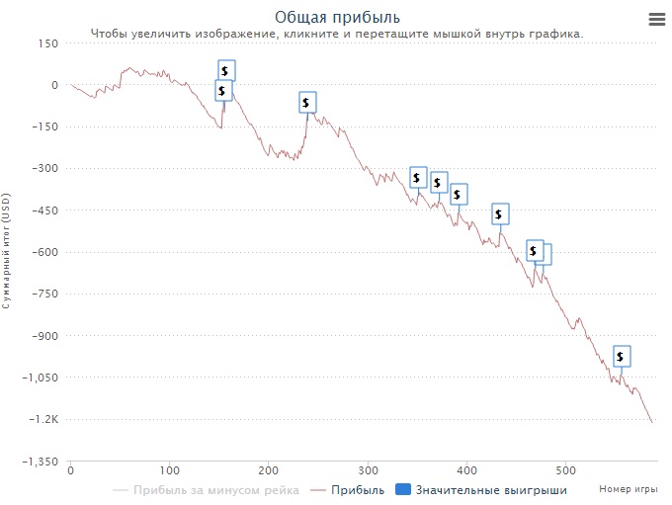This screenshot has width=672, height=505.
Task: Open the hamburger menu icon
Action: click(x=656, y=19)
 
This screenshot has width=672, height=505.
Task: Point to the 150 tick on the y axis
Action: click(x=47, y=43)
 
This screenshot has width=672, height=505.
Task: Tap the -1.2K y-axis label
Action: click(x=44, y=420)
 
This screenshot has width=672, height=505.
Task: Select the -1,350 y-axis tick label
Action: click(x=41, y=462)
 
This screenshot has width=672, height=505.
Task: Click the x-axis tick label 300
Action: click(x=368, y=470)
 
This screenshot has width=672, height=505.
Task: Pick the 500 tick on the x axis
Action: click(x=565, y=470)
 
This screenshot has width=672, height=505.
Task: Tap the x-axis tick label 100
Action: click(x=170, y=470)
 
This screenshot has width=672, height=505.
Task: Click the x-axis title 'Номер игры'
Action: click(x=628, y=489)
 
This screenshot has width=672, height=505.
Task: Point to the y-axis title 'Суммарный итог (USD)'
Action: click(x=7, y=252)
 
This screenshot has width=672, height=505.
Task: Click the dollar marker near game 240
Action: click(x=307, y=102)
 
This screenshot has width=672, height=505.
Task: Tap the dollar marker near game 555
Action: click(x=621, y=357)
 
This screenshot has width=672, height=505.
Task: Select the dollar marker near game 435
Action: click(x=500, y=213)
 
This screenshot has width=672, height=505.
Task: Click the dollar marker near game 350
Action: click(x=418, y=178)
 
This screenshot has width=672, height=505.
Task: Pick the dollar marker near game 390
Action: click(x=459, y=194)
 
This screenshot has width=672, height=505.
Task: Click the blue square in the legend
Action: click(x=402, y=489)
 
